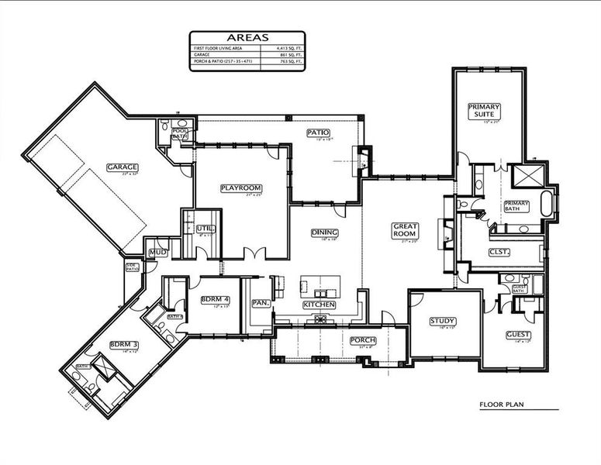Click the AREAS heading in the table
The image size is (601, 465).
point(247,37)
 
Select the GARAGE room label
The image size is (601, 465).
point(123,167)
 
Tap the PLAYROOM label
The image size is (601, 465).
point(240,188)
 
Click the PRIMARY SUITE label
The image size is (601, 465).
point(484,110)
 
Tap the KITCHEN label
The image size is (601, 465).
point(319,305)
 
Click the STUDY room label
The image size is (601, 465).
point(442,321)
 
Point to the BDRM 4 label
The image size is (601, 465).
point(215,299)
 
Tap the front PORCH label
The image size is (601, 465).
point(362,340)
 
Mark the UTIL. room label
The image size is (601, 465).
point(204,229)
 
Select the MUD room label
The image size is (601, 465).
point(158,252)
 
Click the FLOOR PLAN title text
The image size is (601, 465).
point(504,405)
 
